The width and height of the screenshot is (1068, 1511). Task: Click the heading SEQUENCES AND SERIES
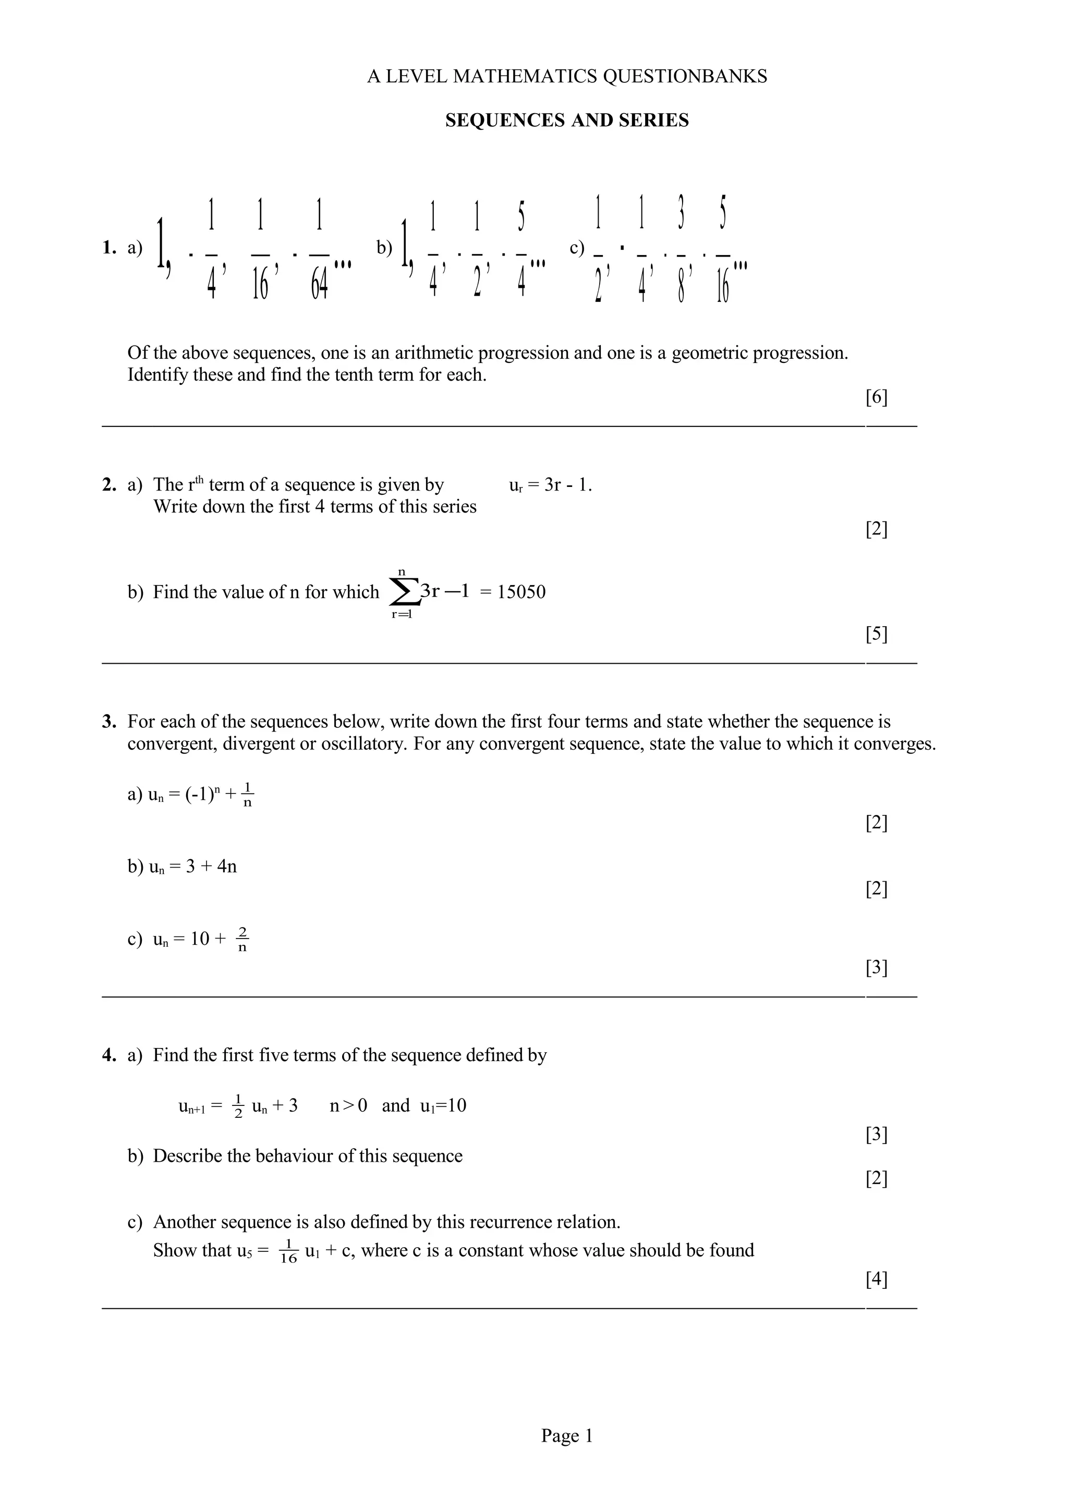(x=566, y=120)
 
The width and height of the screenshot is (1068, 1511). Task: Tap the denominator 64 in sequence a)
(x=319, y=284)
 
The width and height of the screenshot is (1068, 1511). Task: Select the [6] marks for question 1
(x=876, y=397)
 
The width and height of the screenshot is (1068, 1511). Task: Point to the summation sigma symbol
(x=404, y=593)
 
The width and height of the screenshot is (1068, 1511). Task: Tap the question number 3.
(x=108, y=722)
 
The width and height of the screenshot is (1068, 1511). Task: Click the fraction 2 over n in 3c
(x=242, y=939)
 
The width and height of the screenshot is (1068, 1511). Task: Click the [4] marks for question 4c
(x=876, y=1280)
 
